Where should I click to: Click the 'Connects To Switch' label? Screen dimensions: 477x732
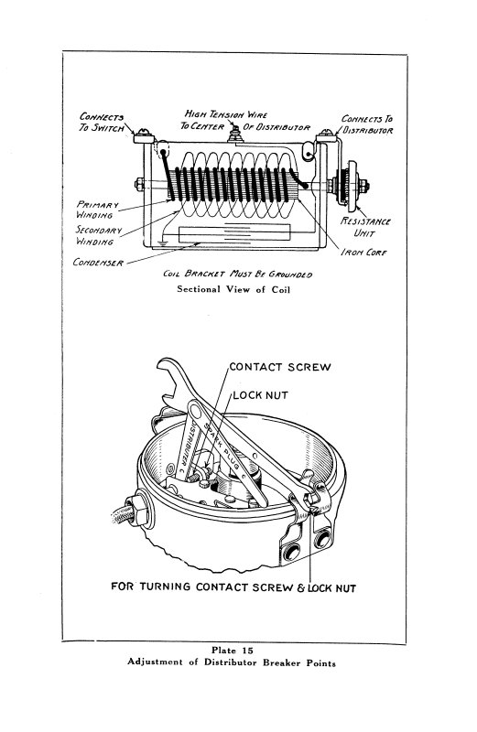click(x=102, y=122)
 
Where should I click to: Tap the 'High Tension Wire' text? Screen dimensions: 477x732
click(x=225, y=113)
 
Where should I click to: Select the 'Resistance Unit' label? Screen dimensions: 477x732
click(x=365, y=226)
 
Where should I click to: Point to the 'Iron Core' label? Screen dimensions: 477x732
click(x=363, y=253)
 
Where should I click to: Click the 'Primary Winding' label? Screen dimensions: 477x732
click(x=97, y=210)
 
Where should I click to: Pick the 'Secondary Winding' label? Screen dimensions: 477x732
click(x=98, y=236)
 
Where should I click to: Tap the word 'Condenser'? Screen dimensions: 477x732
click(x=98, y=263)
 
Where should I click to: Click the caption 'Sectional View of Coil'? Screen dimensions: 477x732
click(x=233, y=289)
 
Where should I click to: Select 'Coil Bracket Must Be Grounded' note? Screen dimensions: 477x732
click(x=237, y=274)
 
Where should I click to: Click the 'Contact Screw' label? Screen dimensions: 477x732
click(x=280, y=367)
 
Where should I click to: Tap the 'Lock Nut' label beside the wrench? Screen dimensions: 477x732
click(x=260, y=395)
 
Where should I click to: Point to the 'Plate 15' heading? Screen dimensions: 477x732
click(x=233, y=650)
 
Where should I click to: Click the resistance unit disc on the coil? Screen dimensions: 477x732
click(x=352, y=186)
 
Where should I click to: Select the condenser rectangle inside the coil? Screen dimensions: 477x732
click(x=234, y=233)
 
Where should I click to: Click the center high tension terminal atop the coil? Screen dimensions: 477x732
click(x=235, y=134)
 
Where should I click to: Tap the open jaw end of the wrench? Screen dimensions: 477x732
click(x=168, y=378)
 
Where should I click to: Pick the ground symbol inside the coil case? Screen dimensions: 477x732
click(x=161, y=243)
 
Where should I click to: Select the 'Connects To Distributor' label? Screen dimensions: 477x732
click(x=367, y=124)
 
